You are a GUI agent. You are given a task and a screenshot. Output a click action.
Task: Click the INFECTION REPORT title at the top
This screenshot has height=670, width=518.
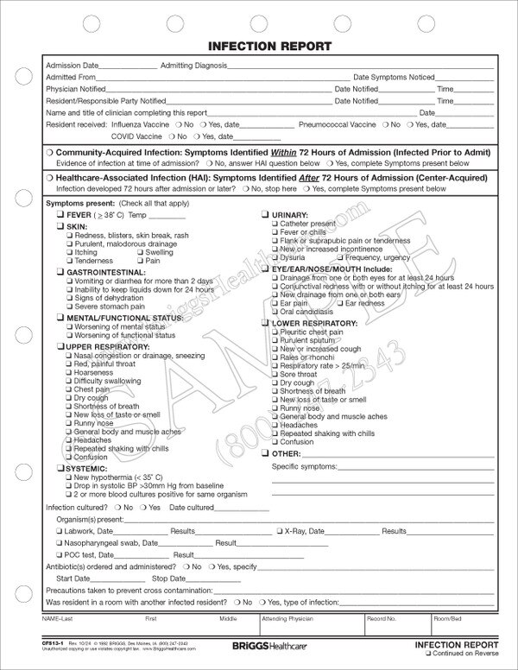tap(258, 46)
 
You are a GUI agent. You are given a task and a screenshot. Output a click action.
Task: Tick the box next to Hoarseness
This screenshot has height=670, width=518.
tap(68, 372)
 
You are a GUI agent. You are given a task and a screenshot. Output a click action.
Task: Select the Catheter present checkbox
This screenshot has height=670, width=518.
tap(275, 223)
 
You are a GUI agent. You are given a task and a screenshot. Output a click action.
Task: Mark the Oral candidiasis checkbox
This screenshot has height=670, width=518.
tap(275, 312)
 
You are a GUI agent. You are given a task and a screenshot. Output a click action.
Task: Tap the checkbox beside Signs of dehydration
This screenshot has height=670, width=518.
tap(68, 298)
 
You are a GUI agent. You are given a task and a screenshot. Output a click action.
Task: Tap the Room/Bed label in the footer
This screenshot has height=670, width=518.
tap(449, 619)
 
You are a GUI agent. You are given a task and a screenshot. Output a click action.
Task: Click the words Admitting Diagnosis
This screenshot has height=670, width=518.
tap(192, 66)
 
